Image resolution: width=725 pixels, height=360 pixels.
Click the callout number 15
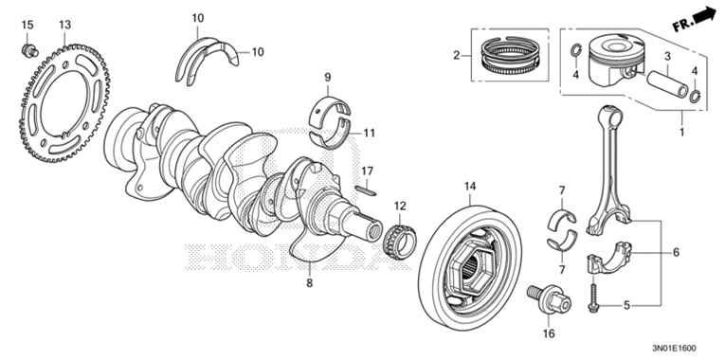tap(27, 23)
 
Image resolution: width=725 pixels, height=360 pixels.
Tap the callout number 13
tap(64, 23)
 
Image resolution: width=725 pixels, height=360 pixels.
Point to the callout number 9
tap(326, 77)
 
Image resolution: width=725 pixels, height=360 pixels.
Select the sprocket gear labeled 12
tap(400, 243)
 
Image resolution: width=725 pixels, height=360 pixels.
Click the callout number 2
tap(457, 56)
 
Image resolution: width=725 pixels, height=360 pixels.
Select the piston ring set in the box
tap(512, 57)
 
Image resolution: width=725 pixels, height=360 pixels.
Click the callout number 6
tap(677, 253)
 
